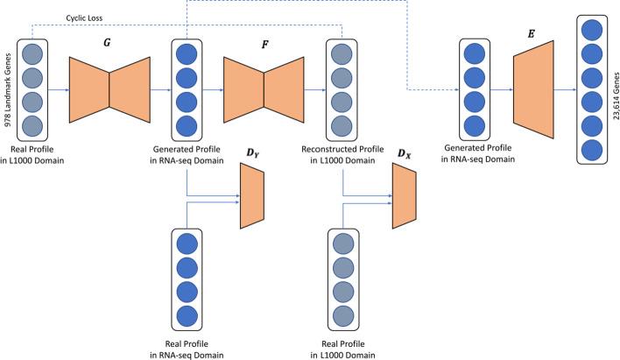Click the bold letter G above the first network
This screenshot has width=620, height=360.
tap(109, 41)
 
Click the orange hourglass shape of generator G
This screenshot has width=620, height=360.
tap(109, 88)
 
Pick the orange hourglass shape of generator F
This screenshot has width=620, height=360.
tap(264, 88)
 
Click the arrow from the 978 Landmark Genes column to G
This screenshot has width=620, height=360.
tap(58, 88)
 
